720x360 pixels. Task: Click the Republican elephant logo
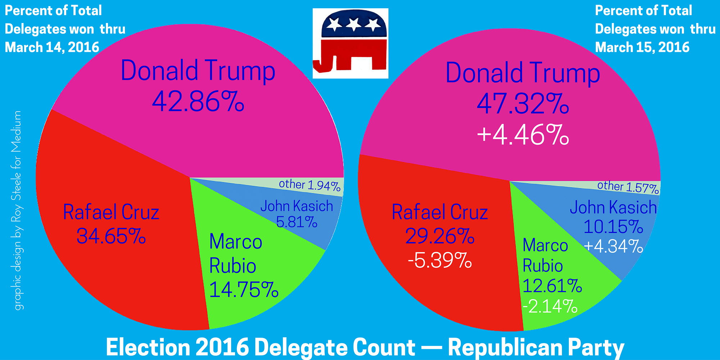pyautogui.click(x=350, y=44)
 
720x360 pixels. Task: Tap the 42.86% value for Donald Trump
pyautogui.click(x=198, y=102)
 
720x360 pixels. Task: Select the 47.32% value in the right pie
pyautogui.click(x=523, y=104)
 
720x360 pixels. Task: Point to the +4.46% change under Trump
pyautogui.click(x=523, y=135)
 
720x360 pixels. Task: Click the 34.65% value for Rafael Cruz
pyautogui.click(x=111, y=236)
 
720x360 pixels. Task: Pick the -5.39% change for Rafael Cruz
pyautogui.click(x=440, y=260)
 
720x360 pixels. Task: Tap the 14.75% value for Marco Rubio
pyautogui.click(x=244, y=289)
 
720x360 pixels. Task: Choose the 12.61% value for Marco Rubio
pyautogui.click(x=552, y=286)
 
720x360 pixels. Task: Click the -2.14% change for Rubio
pyautogui.click(x=550, y=306)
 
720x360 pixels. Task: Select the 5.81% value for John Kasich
pyautogui.click(x=297, y=222)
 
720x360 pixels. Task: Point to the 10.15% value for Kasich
pyautogui.click(x=613, y=227)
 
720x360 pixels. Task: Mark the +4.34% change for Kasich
pyautogui.click(x=613, y=247)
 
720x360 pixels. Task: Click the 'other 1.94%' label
pyautogui.click(x=310, y=185)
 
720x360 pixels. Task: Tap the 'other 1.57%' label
pyautogui.click(x=628, y=187)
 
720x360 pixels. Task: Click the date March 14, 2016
pyautogui.click(x=52, y=48)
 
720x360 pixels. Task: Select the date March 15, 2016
pyautogui.click(x=642, y=48)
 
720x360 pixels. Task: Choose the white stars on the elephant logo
pyautogui.click(x=354, y=24)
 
